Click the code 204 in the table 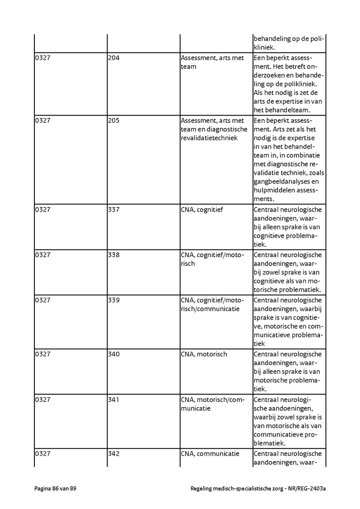(x=114, y=58)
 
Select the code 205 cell (x=114, y=120)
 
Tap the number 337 (x=114, y=210)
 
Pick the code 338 (x=114, y=255)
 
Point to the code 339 (x=114, y=300)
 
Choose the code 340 (x=114, y=354)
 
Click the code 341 (x=114, y=399)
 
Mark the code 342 (x=114, y=454)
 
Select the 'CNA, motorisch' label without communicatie (x=204, y=354)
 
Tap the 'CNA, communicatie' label (x=210, y=454)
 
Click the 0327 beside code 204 (x=42, y=58)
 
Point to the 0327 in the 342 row (x=42, y=454)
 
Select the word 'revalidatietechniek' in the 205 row (x=209, y=138)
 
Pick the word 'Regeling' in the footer (x=202, y=489)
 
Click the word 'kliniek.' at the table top (x=264, y=47)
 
